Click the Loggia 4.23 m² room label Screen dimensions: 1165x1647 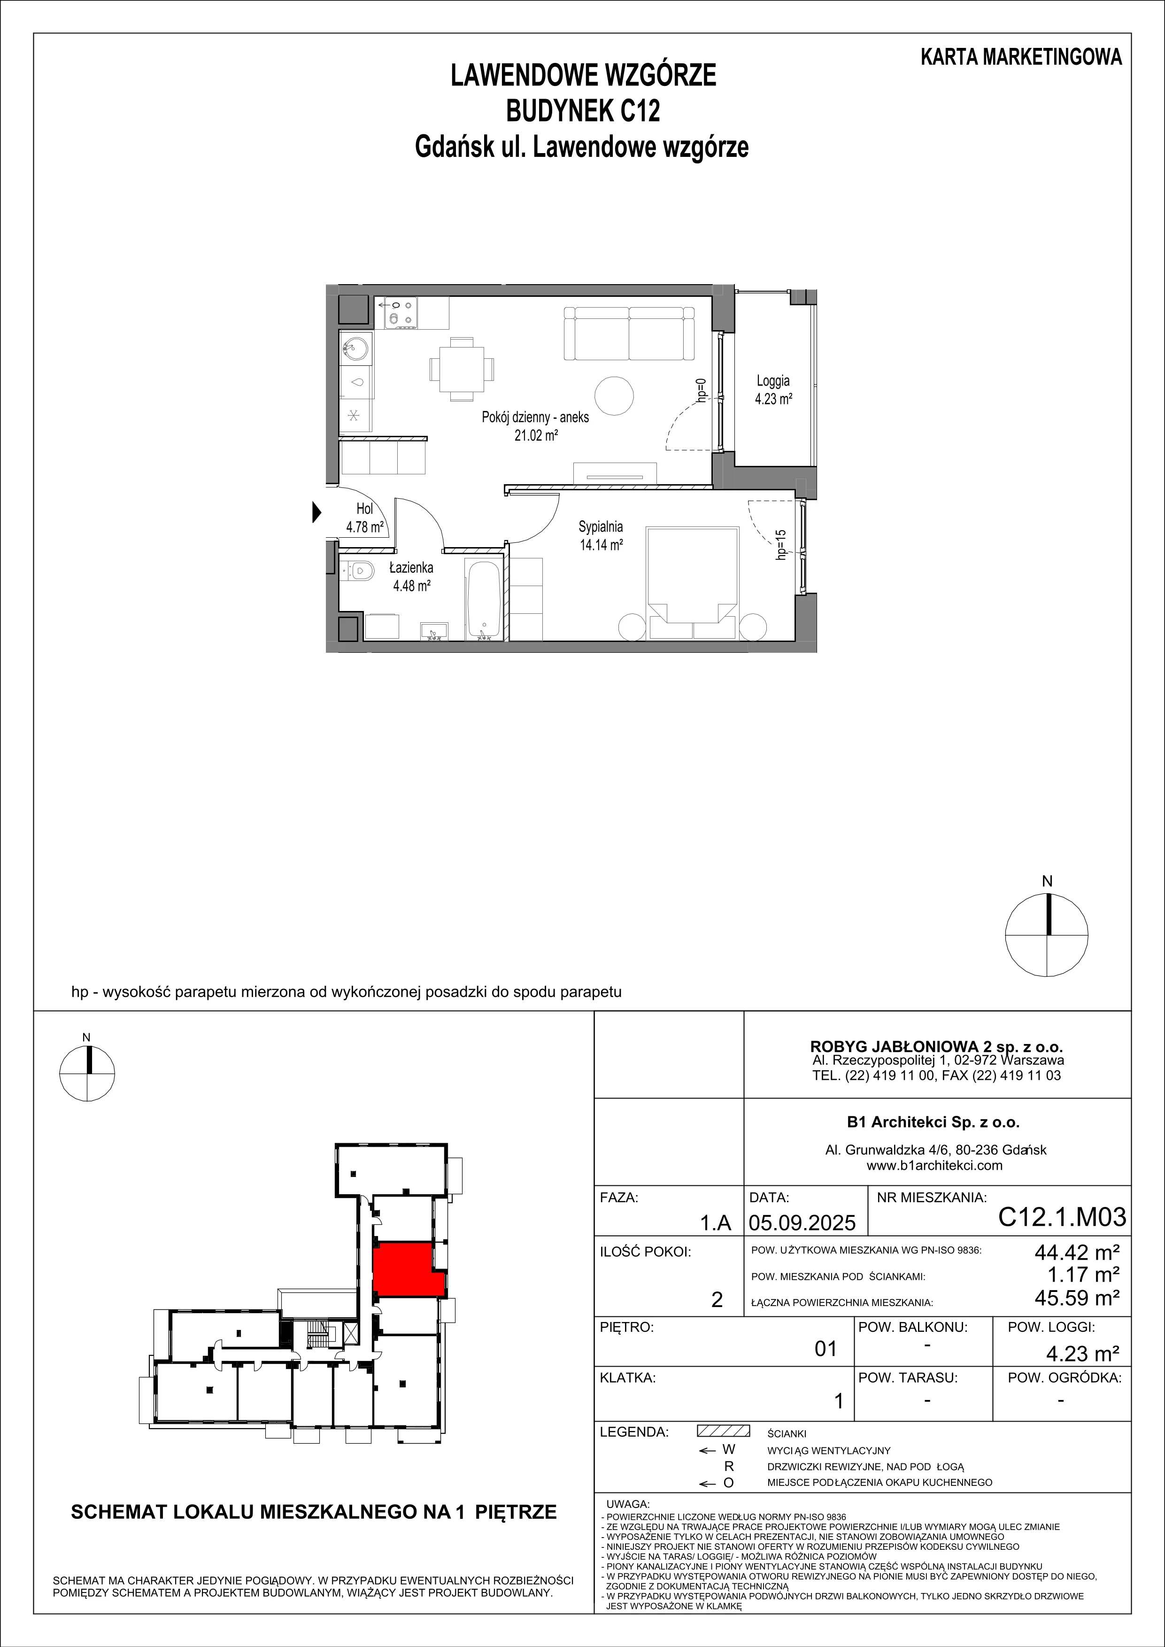pos(772,390)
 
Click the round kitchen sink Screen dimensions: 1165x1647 pos(355,349)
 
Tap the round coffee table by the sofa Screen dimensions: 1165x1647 pos(615,395)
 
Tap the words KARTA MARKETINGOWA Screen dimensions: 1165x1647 pos(1021,57)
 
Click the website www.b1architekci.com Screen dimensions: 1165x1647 pos(935,1166)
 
